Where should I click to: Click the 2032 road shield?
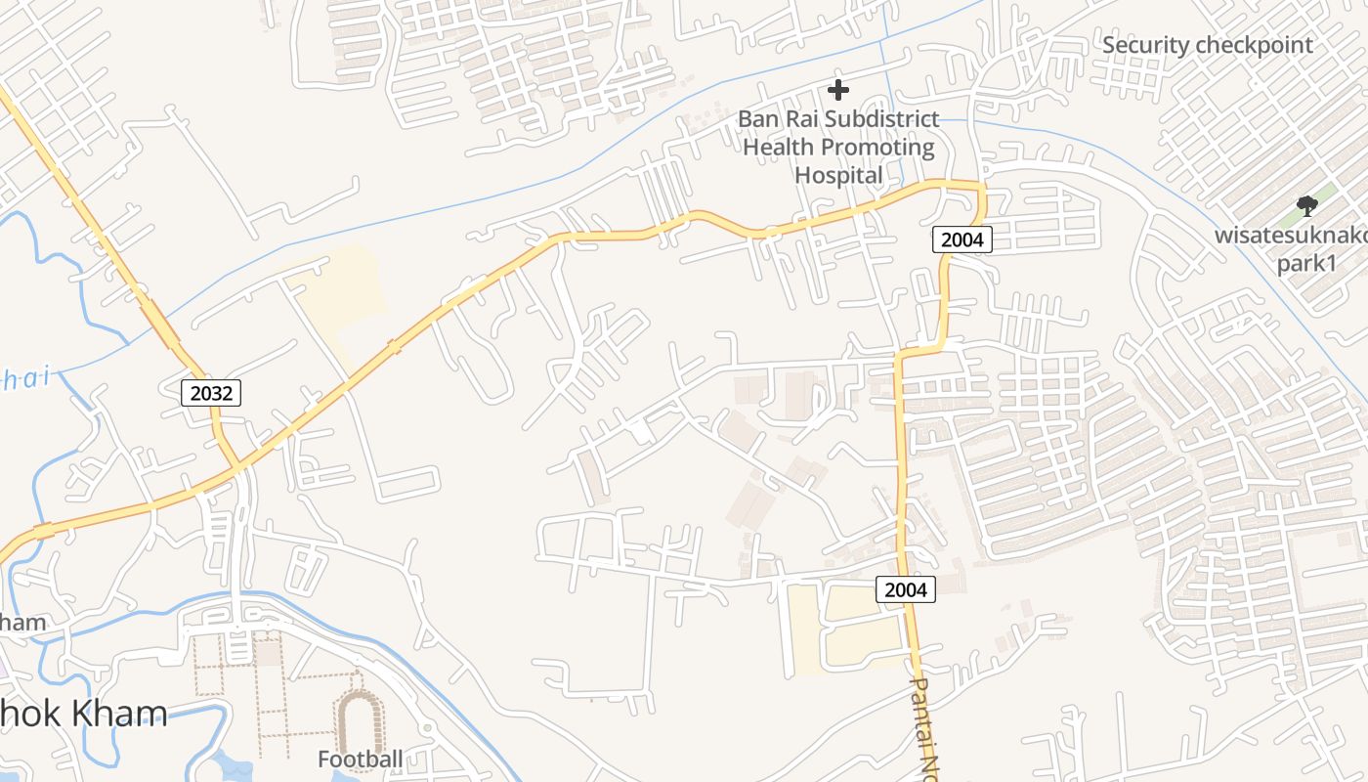point(211,393)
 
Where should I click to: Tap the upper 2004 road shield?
point(962,239)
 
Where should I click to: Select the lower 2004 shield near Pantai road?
point(905,589)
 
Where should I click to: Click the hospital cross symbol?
point(838,90)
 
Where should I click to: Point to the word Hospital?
point(838,175)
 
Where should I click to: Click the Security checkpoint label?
point(1208,45)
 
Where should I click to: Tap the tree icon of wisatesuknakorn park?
point(1306,205)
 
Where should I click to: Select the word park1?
point(1306,264)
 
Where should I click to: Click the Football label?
point(360,759)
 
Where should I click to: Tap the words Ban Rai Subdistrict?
point(838,119)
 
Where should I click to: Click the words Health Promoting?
point(838,148)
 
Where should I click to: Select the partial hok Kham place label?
point(83,713)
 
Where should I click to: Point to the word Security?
point(1146,45)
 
